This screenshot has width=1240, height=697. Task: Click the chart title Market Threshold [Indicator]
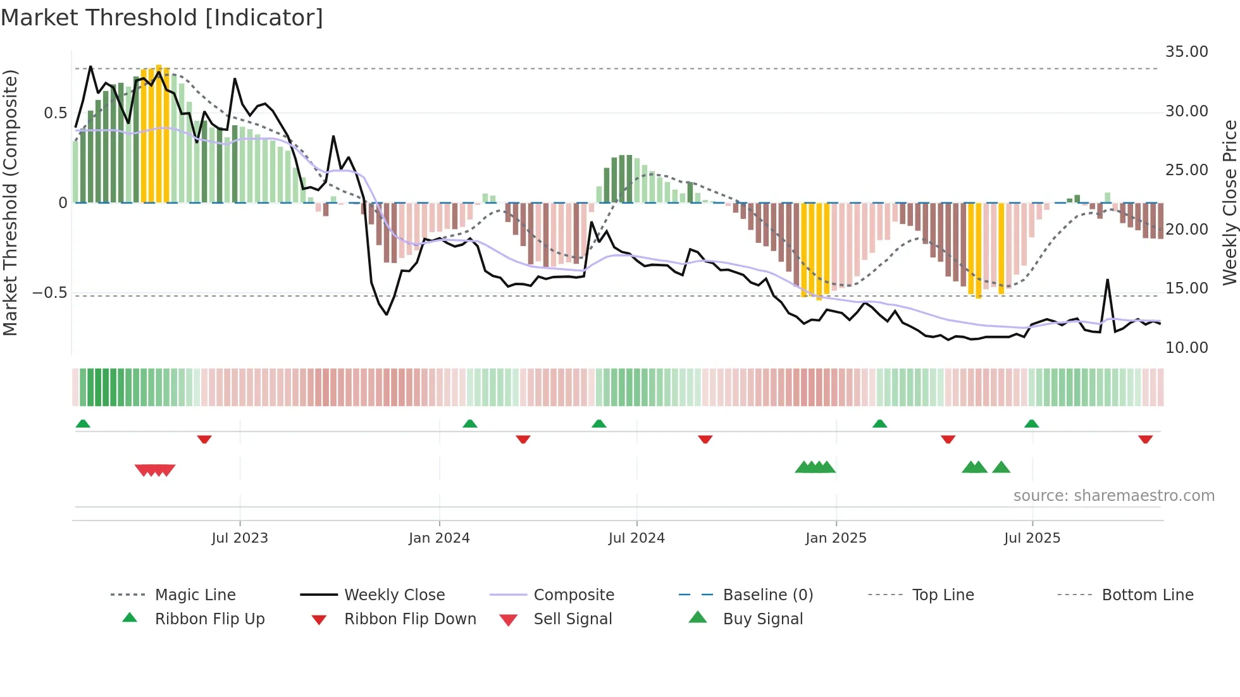pyautogui.click(x=162, y=18)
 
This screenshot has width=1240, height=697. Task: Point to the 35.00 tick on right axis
pyautogui.click(x=1186, y=52)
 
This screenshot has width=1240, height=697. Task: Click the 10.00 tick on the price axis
pyautogui.click(x=1186, y=348)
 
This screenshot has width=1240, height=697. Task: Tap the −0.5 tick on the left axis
pyautogui.click(x=49, y=293)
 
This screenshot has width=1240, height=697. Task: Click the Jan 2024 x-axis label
pyautogui.click(x=439, y=538)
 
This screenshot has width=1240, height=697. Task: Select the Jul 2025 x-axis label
pyautogui.click(x=1032, y=538)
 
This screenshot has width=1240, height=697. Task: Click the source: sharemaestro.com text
pyautogui.click(x=1113, y=496)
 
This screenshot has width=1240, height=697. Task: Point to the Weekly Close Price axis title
pyautogui.click(x=1229, y=202)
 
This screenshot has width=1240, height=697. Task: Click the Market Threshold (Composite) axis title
pyautogui.click(x=10, y=202)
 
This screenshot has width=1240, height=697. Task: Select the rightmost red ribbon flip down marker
pyautogui.click(x=1145, y=440)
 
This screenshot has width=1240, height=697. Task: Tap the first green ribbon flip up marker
pyautogui.click(x=83, y=424)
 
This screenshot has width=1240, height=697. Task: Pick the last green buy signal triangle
pyautogui.click(x=1001, y=467)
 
